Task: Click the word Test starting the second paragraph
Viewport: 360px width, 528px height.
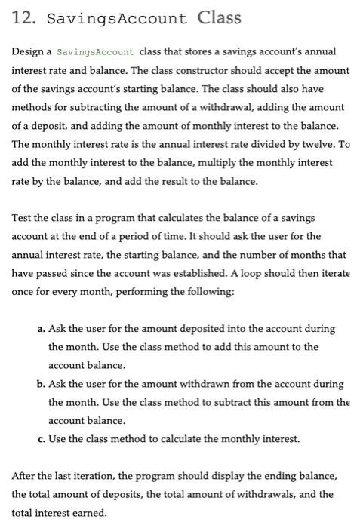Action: coord(21,218)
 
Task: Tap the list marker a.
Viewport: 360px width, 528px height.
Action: coord(40,329)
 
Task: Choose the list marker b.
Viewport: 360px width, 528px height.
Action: coord(40,384)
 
